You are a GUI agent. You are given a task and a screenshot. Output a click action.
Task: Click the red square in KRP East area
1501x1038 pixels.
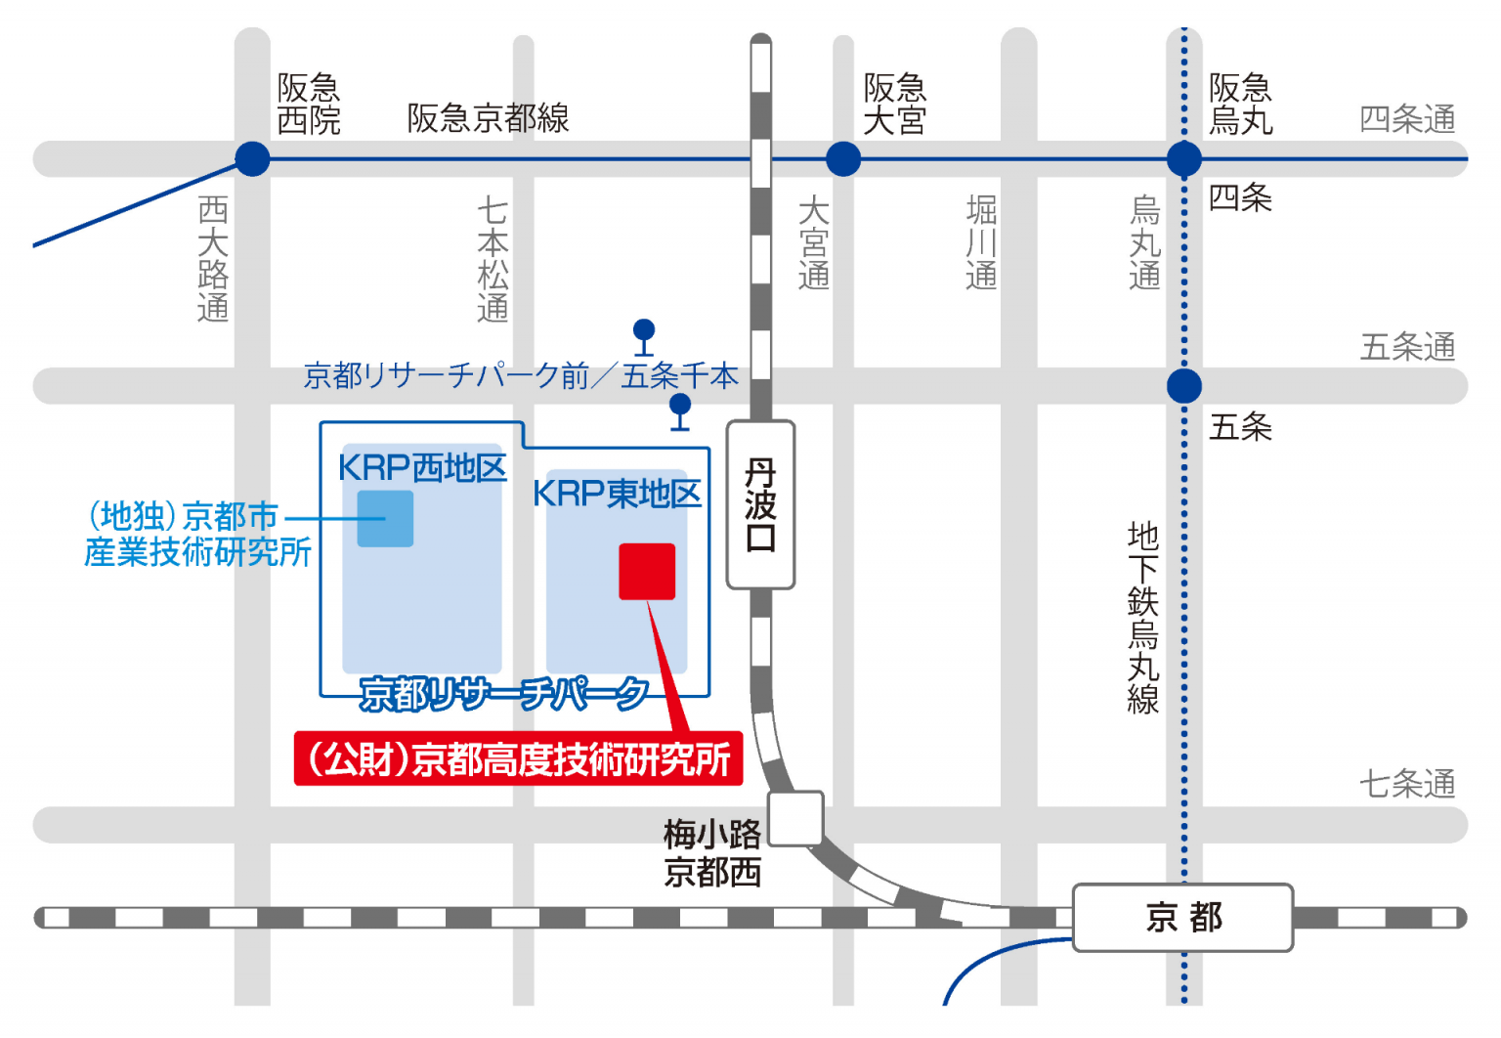tap(647, 572)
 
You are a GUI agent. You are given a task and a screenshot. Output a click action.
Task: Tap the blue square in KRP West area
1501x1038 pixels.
tap(385, 518)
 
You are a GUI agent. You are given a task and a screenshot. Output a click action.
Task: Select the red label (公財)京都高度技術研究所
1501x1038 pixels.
tap(518, 759)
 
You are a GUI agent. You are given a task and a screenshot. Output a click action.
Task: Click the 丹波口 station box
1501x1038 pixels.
tap(760, 504)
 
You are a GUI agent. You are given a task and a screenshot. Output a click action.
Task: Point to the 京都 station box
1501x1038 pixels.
tap(1182, 918)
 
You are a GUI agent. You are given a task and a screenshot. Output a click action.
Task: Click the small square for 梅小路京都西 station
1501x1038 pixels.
tap(795, 818)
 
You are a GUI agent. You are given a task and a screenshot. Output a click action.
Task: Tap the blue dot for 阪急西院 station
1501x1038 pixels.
tap(252, 158)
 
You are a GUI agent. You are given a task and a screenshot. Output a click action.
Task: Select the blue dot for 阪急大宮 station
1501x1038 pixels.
tap(843, 158)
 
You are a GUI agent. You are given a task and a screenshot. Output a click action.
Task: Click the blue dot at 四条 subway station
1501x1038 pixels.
tap(1184, 158)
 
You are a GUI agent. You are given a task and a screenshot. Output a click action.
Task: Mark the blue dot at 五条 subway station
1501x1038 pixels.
tap(1184, 386)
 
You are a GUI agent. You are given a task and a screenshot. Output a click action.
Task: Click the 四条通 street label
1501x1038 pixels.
tap(1407, 119)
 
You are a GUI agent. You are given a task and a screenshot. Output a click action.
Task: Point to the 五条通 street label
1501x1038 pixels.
tap(1407, 347)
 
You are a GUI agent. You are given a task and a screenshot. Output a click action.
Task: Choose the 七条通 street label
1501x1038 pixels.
tap(1407, 784)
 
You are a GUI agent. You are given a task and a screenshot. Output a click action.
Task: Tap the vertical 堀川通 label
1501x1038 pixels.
tap(981, 242)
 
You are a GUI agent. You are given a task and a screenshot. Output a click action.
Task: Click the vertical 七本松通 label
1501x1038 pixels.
tap(493, 259)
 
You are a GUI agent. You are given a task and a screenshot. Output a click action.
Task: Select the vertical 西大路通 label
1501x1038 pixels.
tap(213, 259)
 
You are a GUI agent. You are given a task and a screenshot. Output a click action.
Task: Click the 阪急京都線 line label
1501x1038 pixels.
tap(488, 118)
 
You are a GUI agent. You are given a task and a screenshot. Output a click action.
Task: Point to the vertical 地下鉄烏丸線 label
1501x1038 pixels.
tap(1142, 618)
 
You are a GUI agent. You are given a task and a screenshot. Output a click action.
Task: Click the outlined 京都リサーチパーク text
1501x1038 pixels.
tap(503, 694)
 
